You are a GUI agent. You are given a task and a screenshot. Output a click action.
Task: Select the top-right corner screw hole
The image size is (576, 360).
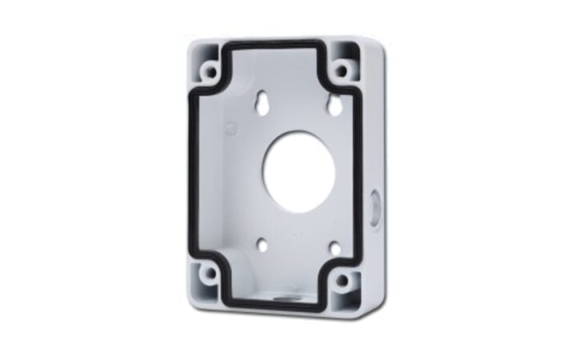[342, 70]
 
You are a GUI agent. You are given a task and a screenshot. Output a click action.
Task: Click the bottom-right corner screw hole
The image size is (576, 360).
[342, 280]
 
